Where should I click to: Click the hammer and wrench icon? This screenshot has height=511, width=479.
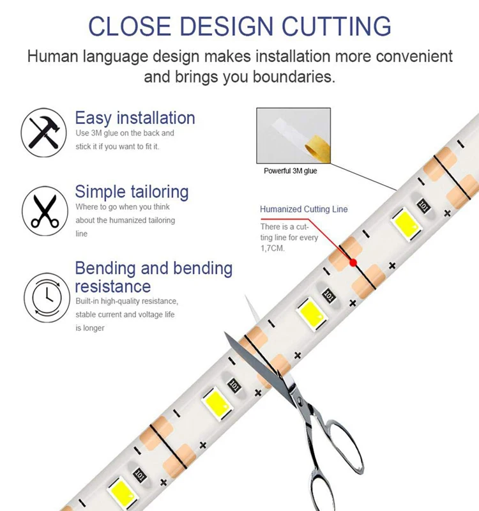(44, 132)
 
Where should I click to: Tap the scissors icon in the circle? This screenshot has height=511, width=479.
(44, 210)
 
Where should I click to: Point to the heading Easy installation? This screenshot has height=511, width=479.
(135, 118)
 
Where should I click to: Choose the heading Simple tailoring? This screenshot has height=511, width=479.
(132, 192)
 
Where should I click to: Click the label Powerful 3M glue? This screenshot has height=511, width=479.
(290, 171)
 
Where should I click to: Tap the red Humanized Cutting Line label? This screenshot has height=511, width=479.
(303, 210)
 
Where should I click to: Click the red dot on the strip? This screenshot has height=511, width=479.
(352, 262)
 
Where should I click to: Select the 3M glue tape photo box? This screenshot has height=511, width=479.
(293, 135)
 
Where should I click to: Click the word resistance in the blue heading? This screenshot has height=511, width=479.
(113, 286)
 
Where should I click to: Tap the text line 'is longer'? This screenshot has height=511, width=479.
(89, 328)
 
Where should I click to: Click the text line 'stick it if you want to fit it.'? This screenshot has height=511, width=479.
(117, 147)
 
